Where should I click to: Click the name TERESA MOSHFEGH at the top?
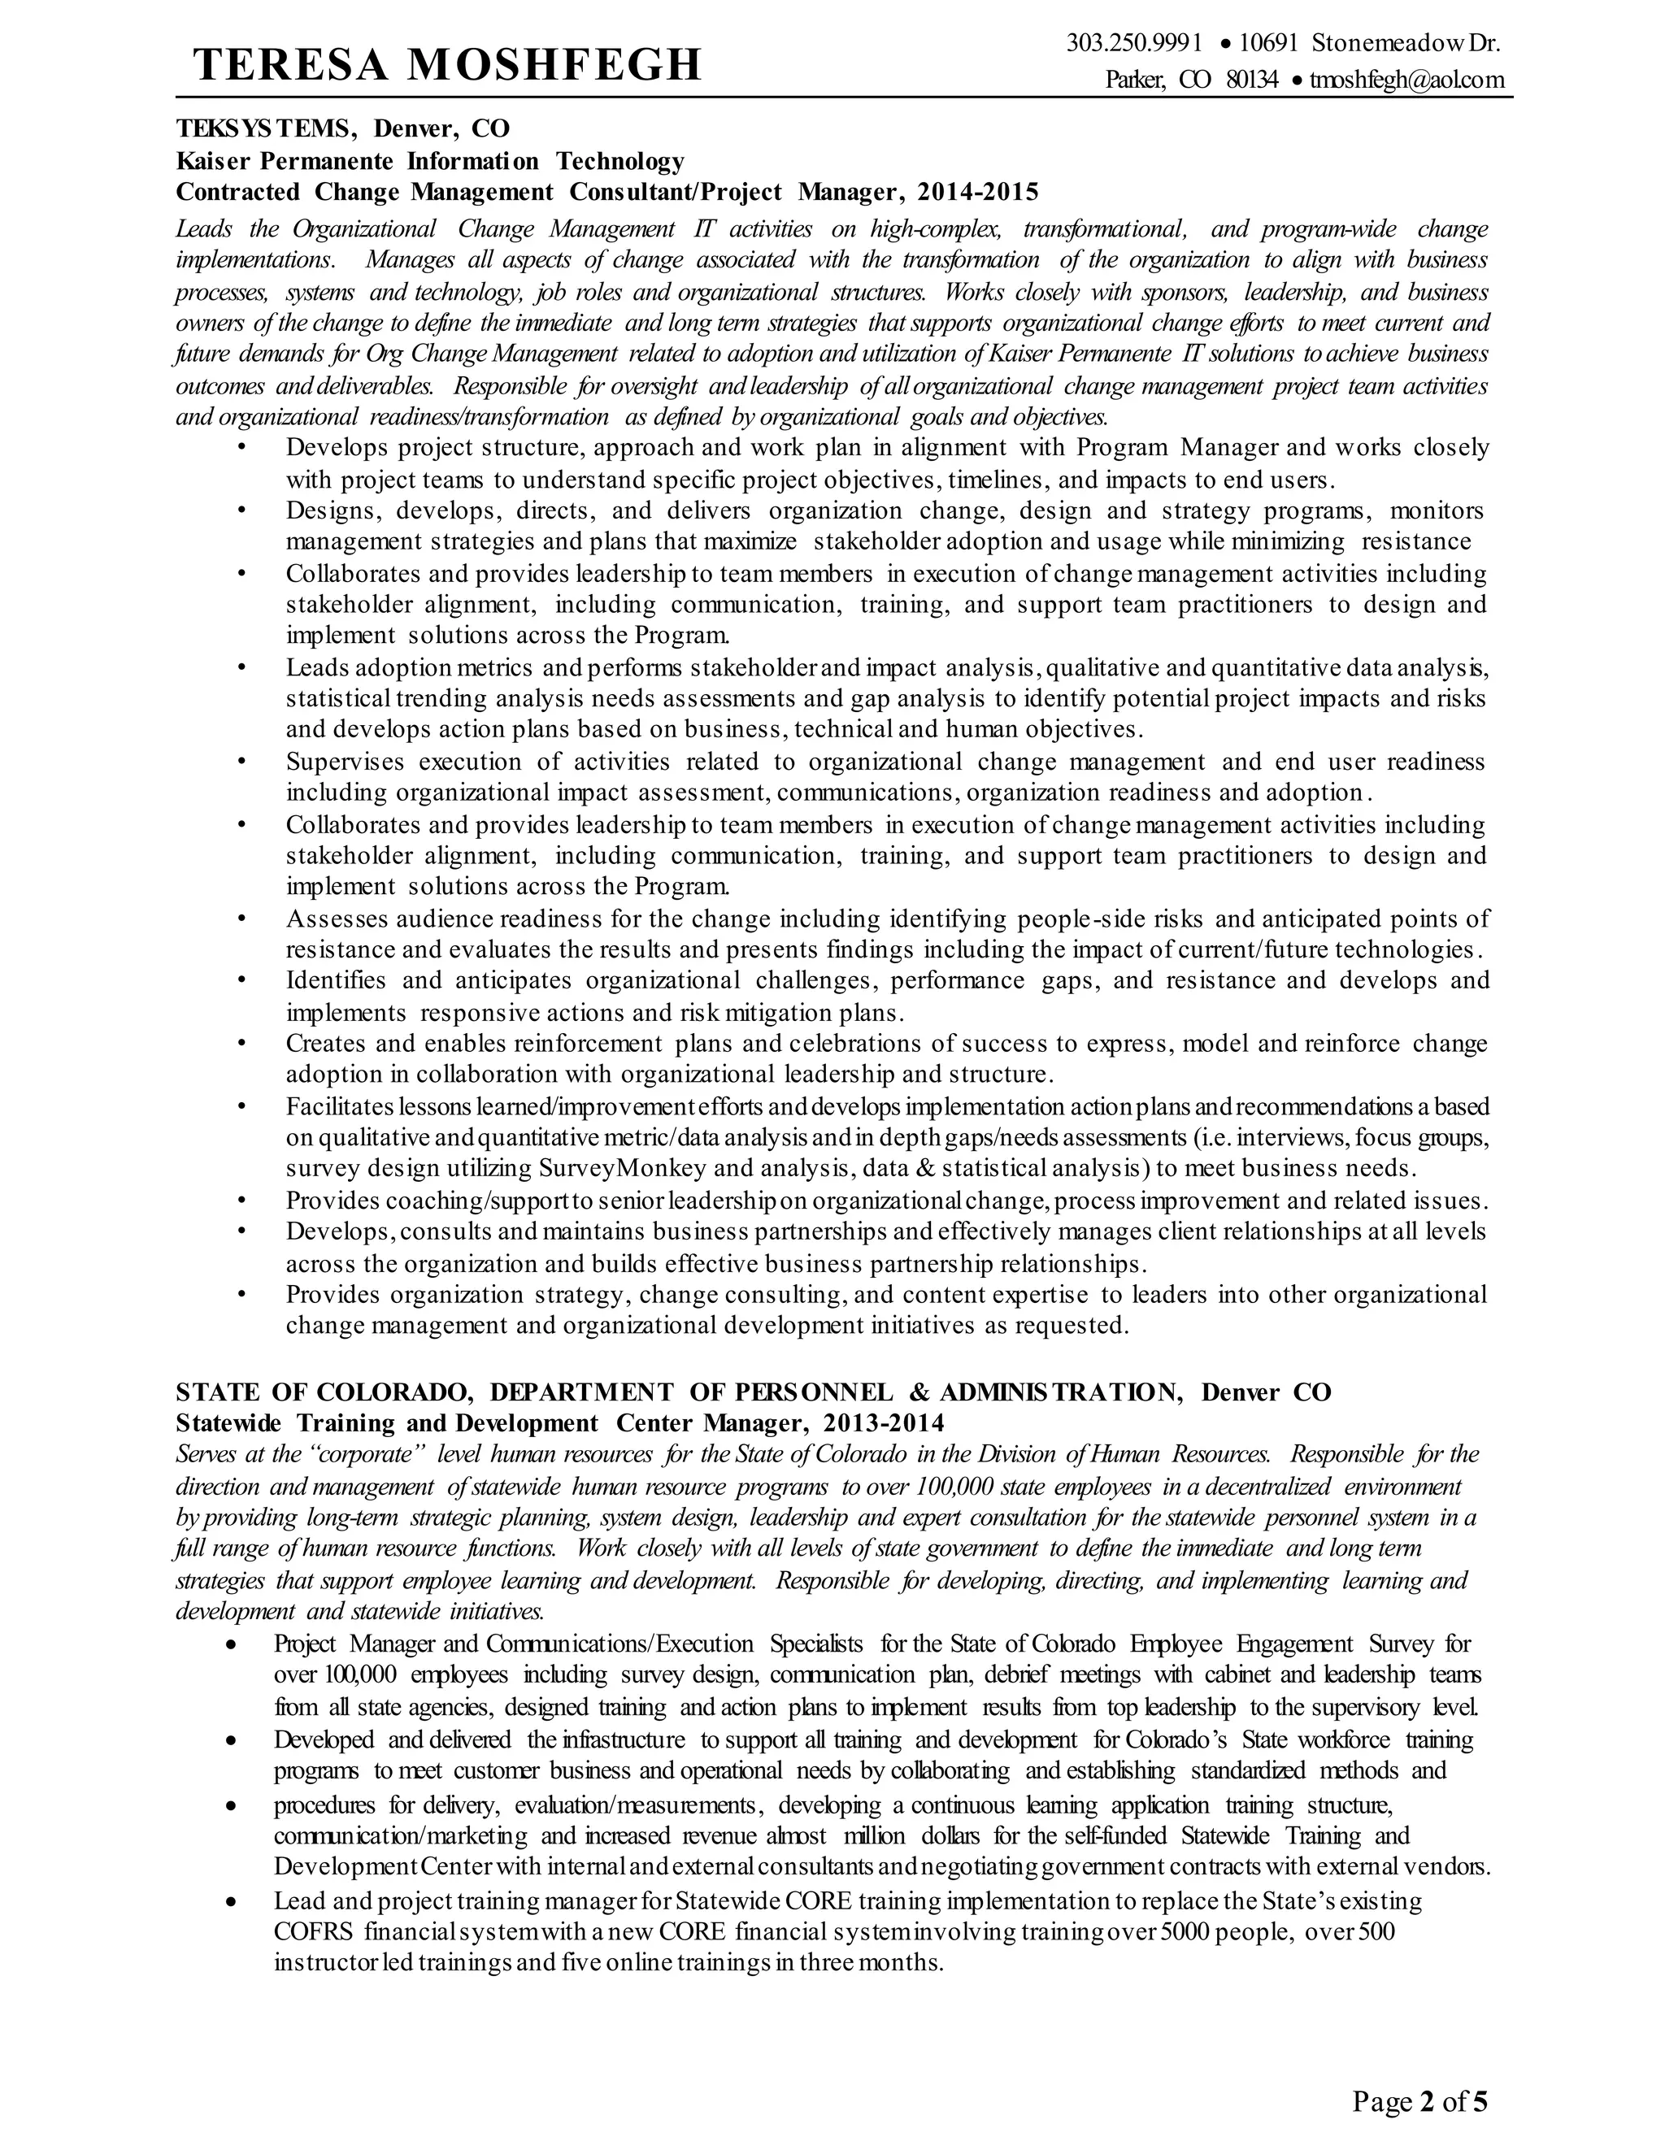coord(447,65)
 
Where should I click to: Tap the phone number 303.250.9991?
coord(1134,43)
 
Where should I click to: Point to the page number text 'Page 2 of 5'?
coord(1419,2095)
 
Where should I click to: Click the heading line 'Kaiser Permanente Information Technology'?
coord(430,160)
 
